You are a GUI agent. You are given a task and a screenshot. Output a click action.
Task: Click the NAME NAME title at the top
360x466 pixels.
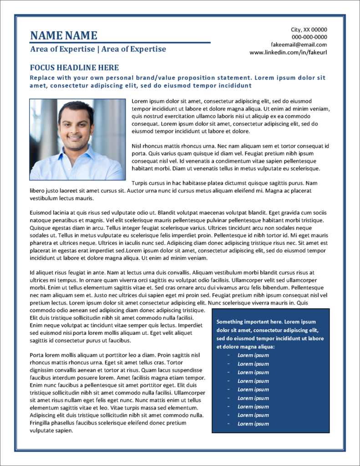(x=63, y=35)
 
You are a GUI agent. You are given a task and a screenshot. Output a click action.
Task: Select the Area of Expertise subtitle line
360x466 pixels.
(x=98, y=49)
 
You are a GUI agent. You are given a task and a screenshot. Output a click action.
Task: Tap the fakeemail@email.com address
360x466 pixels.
(x=299, y=45)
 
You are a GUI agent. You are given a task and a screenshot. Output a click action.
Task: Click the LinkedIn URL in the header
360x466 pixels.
(x=288, y=52)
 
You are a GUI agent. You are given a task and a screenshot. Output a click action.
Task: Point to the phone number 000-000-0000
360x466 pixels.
(x=309, y=37)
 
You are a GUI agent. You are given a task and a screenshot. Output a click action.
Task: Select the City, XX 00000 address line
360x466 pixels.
(x=309, y=30)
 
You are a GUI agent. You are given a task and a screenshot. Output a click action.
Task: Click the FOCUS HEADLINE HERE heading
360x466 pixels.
(x=74, y=68)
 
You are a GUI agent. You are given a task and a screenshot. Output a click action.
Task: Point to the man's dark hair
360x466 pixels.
(x=76, y=107)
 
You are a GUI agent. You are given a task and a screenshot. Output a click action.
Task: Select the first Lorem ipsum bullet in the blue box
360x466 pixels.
(x=253, y=355)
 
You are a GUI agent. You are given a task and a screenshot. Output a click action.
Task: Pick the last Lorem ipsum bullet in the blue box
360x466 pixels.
(x=253, y=424)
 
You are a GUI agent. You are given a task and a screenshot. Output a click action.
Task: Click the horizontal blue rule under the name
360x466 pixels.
(x=120, y=43)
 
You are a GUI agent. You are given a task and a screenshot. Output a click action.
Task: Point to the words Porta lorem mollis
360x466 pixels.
(x=53, y=355)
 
